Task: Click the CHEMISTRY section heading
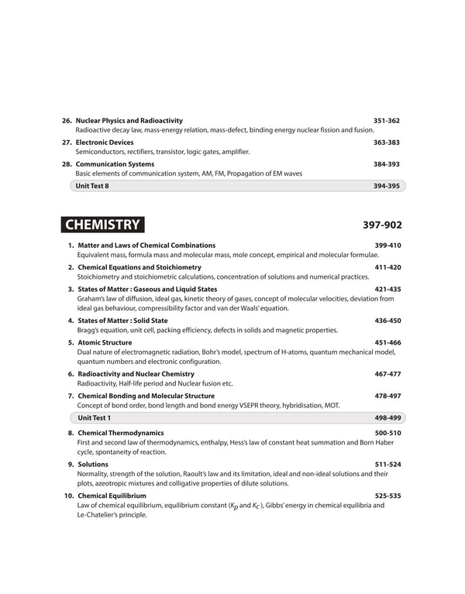(x=102, y=225)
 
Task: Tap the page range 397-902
(x=382, y=226)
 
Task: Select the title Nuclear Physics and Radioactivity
(x=129, y=121)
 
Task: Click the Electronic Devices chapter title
(x=105, y=142)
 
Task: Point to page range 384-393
(x=386, y=164)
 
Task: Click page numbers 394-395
(x=386, y=186)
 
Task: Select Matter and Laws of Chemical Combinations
(x=146, y=245)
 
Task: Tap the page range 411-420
(x=387, y=267)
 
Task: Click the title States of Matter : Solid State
(x=122, y=320)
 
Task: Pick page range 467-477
(x=387, y=374)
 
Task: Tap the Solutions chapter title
(x=93, y=464)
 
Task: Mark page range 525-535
(x=387, y=496)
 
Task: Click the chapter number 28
(x=67, y=164)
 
